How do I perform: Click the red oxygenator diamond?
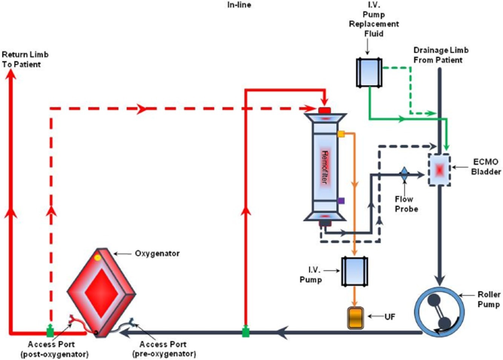point(101,293)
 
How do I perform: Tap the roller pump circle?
point(439,312)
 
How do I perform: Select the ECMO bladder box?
point(439,170)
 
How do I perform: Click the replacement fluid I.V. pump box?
point(369,72)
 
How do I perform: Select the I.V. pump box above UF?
point(354,271)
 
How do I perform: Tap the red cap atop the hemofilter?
point(324,110)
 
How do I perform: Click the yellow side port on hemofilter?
point(341,134)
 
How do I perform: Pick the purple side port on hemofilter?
point(341,201)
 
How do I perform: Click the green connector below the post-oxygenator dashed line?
point(50,332)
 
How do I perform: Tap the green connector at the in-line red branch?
point(246,332)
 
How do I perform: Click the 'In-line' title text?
point(239,5)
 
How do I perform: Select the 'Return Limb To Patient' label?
point(25,60)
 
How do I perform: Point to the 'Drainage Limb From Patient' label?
point(440,55)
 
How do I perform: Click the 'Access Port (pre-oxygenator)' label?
point(164,349)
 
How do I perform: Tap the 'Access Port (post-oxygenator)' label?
point(54,349)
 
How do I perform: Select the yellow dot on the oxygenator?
point(98,258)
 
